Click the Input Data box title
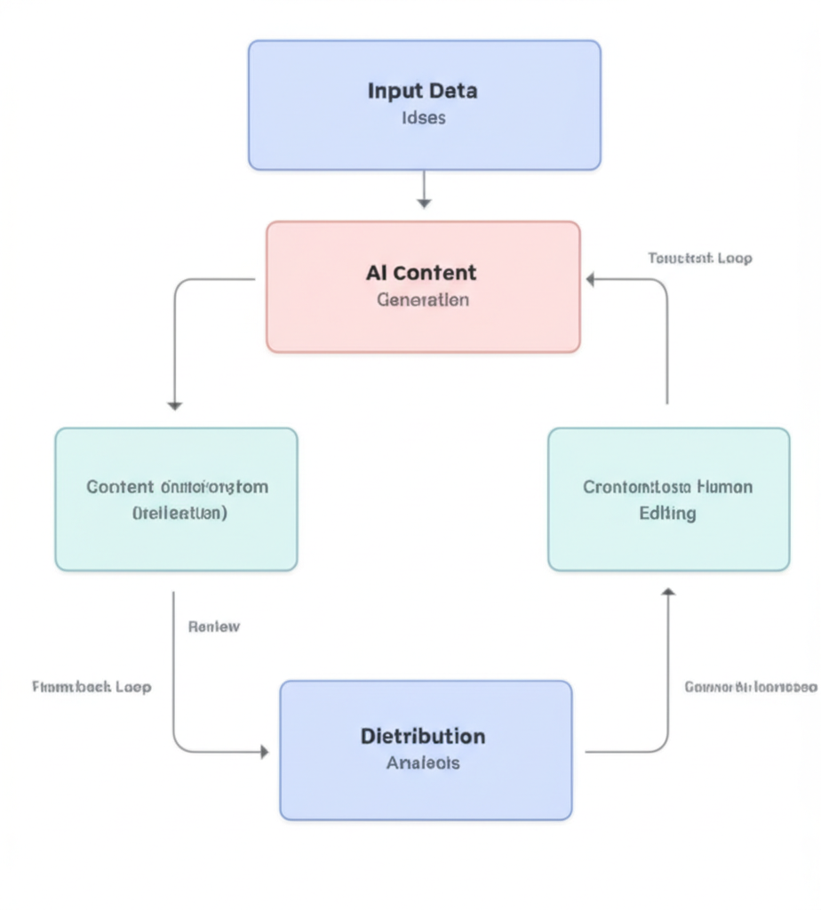tap(423, 91)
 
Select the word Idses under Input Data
tap(423, 118)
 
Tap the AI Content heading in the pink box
tap(421, 273)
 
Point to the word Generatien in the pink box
tap(423, 299)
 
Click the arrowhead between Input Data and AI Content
tap(424, 204)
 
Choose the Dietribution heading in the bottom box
tap(423, 736)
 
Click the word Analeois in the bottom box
tap(424, 762)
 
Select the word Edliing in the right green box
tap(667, 514)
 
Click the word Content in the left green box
tap(120, 487)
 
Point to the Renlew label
tap(214, 627)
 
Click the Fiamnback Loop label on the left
tap(92, 687)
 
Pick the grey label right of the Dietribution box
tap(751, 687)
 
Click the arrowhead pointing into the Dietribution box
tap(263, 752)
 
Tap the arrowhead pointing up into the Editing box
tap(668, 592)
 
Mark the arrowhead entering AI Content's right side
tap(591, 279)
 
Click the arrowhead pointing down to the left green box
tap(174, 405)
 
